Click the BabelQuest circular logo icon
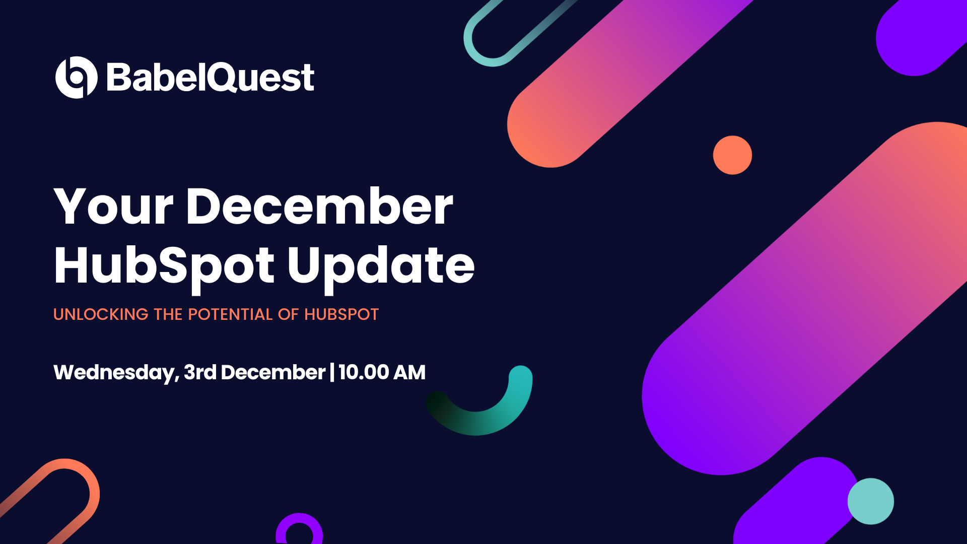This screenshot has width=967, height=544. tap(76, 77)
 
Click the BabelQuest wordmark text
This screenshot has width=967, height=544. tap(211, 78)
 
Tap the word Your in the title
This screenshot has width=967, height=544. tap(113, 207)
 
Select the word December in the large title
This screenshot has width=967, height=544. tap(319, 207)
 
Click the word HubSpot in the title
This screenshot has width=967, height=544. tap(164, 266)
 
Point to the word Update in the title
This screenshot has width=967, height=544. tap(381, 266)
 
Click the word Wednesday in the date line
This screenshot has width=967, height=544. tap(115, 373)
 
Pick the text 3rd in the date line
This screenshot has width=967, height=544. tap(200, 372)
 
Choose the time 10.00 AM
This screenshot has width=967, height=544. tap(382, 372)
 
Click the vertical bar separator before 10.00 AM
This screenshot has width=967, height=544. tap(332, 372)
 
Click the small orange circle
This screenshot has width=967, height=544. tap(732, 155)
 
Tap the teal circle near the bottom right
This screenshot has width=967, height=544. tap(870, 501)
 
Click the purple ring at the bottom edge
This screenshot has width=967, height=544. tap(299, 524)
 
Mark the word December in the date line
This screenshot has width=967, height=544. tap(273, 372)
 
